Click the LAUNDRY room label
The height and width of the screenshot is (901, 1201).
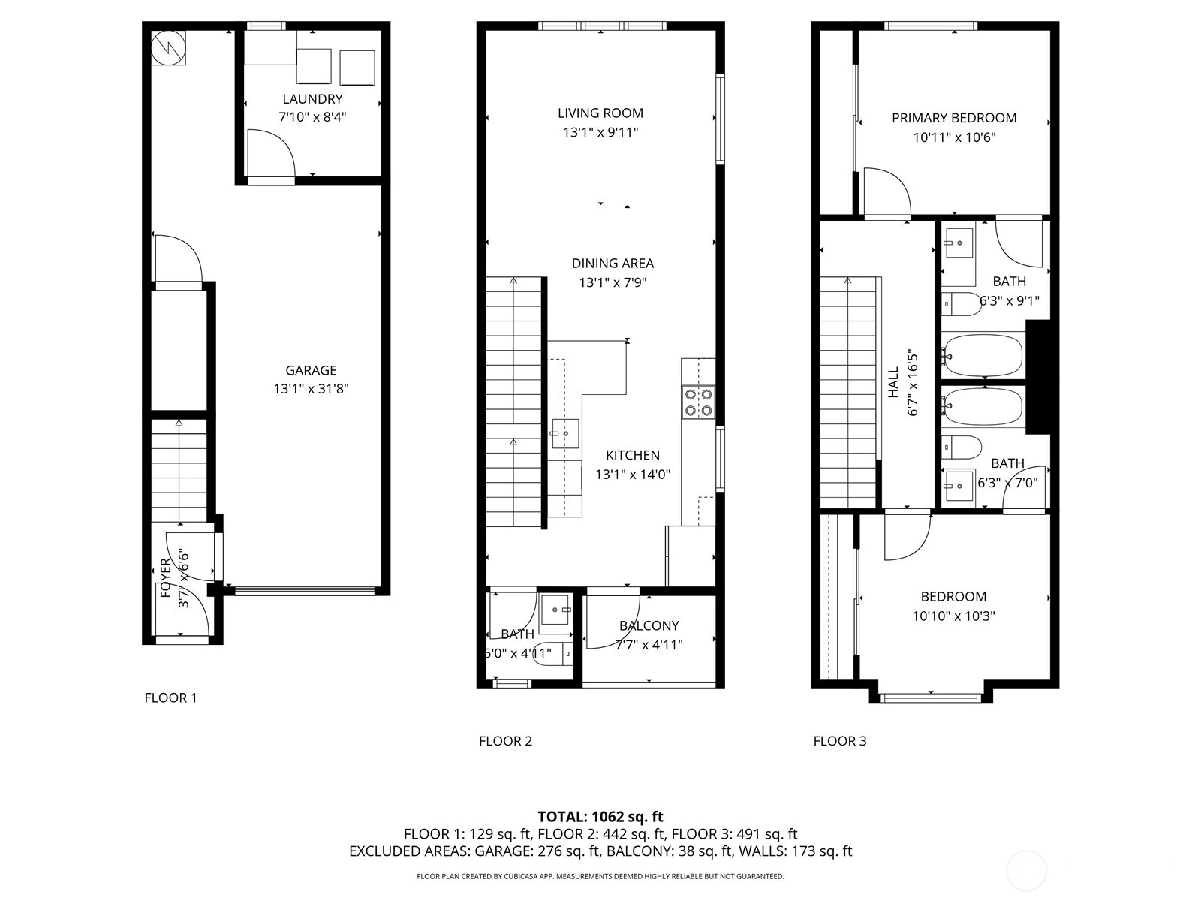(312, 99)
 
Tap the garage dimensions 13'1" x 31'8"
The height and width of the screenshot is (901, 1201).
(311, 389)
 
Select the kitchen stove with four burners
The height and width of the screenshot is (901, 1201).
(697, 402)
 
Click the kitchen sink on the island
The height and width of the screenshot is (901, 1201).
(565, 433)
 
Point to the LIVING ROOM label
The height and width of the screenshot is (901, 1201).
(600, 113)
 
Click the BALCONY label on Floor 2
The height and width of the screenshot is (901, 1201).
(649, 625)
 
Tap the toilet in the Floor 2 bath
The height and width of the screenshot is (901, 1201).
(551, 655)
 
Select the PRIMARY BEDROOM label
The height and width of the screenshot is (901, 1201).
(954, 118)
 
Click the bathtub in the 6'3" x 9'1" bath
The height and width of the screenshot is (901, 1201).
(983, 355)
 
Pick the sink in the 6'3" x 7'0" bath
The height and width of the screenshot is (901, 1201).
(959, 486)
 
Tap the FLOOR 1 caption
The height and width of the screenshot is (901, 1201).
(170, 698)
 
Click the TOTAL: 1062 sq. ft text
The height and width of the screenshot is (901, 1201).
(600, 816)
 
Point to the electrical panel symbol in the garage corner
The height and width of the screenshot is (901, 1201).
(167, 48)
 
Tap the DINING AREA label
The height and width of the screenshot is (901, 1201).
(613, 264)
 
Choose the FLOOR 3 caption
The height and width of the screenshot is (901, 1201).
(839, 741)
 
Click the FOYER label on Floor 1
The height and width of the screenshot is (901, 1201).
(166, 578)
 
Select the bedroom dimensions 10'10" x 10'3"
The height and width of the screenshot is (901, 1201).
(953, 616)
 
